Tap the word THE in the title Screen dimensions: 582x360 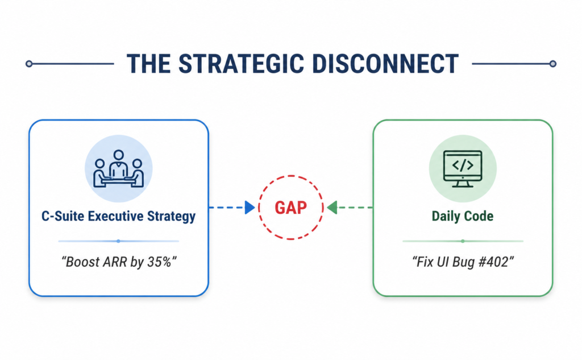[148, 64]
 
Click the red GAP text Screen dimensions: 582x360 [290, 208]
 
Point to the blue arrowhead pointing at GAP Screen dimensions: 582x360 [250, 208]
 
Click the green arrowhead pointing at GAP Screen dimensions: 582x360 [332, 208]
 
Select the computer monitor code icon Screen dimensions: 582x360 [463, 169]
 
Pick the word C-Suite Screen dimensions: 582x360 [63, 216]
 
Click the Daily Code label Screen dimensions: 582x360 [463, 216]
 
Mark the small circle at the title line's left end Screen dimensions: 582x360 [29, 64]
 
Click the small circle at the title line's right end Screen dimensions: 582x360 [552, 64]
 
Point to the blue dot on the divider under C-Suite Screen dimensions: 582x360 [118, 241]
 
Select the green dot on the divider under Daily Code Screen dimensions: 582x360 [463, 241]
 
